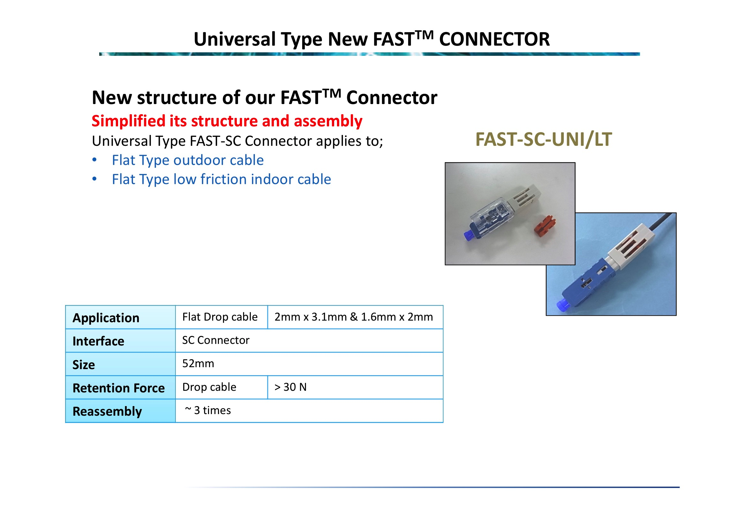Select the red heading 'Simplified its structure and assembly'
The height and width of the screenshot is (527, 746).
pyautogui.click(x=227, y=121)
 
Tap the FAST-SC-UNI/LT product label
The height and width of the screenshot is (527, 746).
pyautogui.click(x=543, y=139)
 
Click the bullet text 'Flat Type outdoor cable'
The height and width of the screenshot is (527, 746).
pyautogui.click(x=188, y=160)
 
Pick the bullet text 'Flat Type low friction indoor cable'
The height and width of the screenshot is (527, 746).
pyautogui.click(x=221, y=179)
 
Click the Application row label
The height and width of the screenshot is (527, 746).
pyautogui.click(x=106, y=318)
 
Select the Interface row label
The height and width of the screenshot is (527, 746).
pyautogui.click(x=98, y=341)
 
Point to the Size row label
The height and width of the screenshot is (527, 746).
pyautogui.click(x=84, y=365)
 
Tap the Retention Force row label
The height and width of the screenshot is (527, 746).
pyautogui.click(x=119, y=388)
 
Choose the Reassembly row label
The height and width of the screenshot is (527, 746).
pyautogui.click(x=107, y=411)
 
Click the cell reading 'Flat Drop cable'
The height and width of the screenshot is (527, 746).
pyautogui.click(x=220, y=317)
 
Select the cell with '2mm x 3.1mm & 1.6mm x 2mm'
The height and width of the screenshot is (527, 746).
pyautogui.click(x=354, y=317)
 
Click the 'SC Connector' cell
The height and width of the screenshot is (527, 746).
pyautogui.click(x=215, y=340)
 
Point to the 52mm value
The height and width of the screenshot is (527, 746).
pyautogui.click(x=198, y=363)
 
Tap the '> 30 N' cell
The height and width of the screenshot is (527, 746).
pyautogui.click(x=290, y=387)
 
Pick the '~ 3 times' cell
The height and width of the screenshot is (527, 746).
pyautogui.click(x=208, y=410)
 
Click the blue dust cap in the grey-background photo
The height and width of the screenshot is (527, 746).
pyautogui.click(x=468, y=235)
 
